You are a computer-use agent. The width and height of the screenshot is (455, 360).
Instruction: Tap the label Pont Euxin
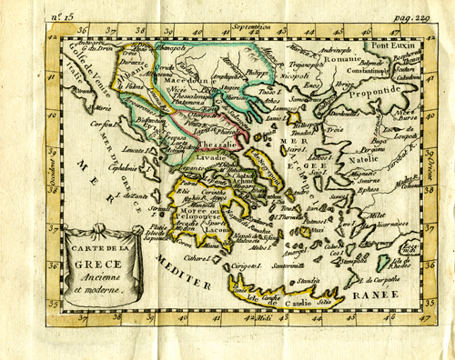[x=390, y=43]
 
